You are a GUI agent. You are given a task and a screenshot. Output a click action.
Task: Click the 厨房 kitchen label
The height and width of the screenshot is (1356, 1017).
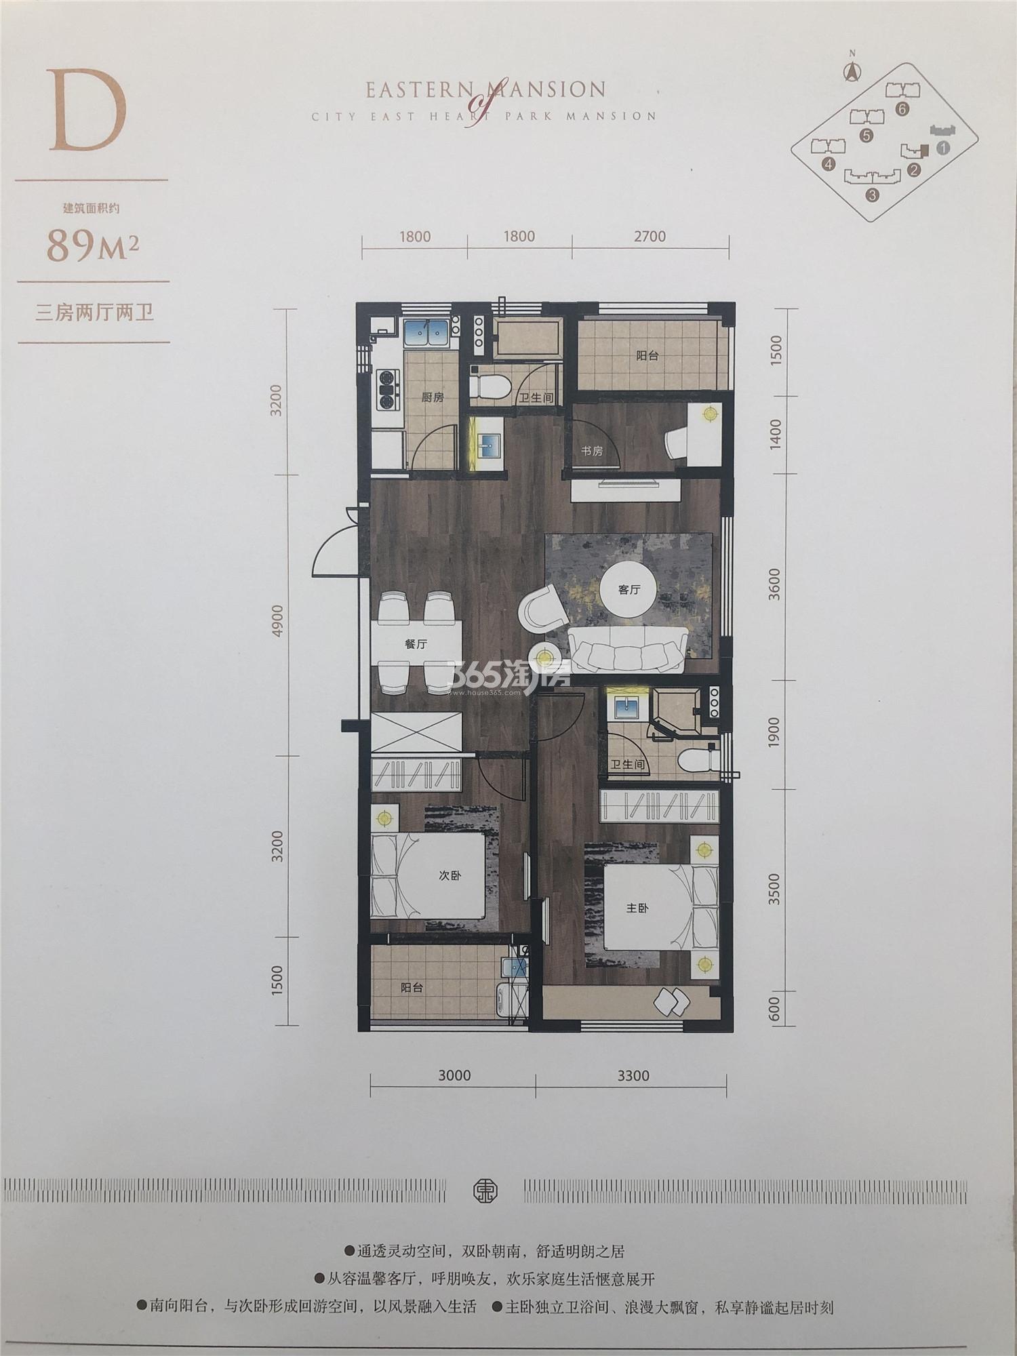pyautogui.click(x=433, y=398)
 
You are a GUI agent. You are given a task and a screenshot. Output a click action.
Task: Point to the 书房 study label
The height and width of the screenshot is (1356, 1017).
pyautogui.click(x=591, y=451)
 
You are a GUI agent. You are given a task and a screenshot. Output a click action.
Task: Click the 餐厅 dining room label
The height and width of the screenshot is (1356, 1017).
pyautogui.click(x=416, y=644)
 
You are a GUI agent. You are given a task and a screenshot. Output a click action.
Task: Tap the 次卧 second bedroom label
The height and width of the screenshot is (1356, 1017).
pyautogui.click(x=450, y=875)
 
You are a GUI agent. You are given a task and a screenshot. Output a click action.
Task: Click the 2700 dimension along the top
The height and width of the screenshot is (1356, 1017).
pyautogui.click(x=650, y=237)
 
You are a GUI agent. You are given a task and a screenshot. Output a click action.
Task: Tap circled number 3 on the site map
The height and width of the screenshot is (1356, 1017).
pyautogui.click(x=872, y=195)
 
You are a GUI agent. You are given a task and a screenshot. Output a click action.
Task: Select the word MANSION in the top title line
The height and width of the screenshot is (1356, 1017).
pyautogui.click(x=549, y=89)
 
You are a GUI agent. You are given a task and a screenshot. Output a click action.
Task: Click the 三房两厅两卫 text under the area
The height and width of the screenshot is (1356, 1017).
pyautogui.click(x=95, y=313)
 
